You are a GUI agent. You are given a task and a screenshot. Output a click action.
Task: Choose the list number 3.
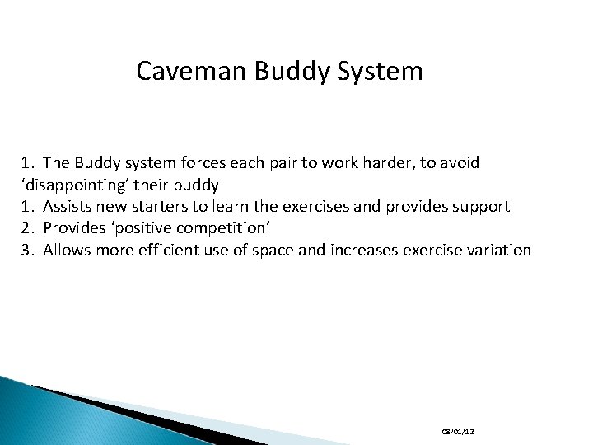(26, 250)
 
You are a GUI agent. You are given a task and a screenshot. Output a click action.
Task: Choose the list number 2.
(26, 228)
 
